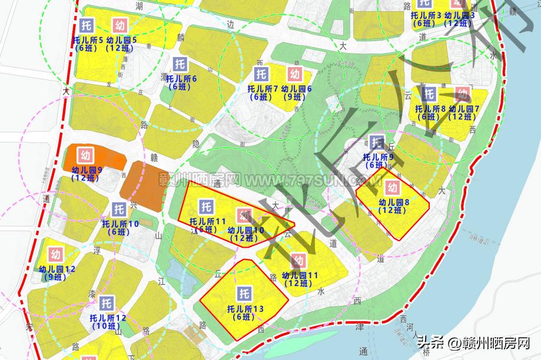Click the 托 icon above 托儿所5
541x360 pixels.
pyautogui.click(x=87, y=26)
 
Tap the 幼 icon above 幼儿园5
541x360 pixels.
pyautogui.click(x=120, y=26)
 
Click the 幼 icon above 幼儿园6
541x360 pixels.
pyautogui.click(x=295, y=74)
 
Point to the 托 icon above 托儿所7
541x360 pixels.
pyautogui.click(x=261, y=74)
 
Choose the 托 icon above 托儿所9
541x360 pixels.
pyautogui.click(x=377, y=142)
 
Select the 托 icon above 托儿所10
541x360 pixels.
pyautogui.click(x=120, y=209)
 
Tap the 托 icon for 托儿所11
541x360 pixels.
pyautogui.click(x=205, y=206)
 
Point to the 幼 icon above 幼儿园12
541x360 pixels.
pyautogui.click(x=56, y=255)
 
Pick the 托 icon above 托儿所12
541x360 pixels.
pyautogui.click(x=107, y=304)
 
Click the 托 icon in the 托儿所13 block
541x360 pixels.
pyautogui.click(x=243, y=294)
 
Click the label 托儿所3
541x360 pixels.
pyautogui.click(x=423, y=15)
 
